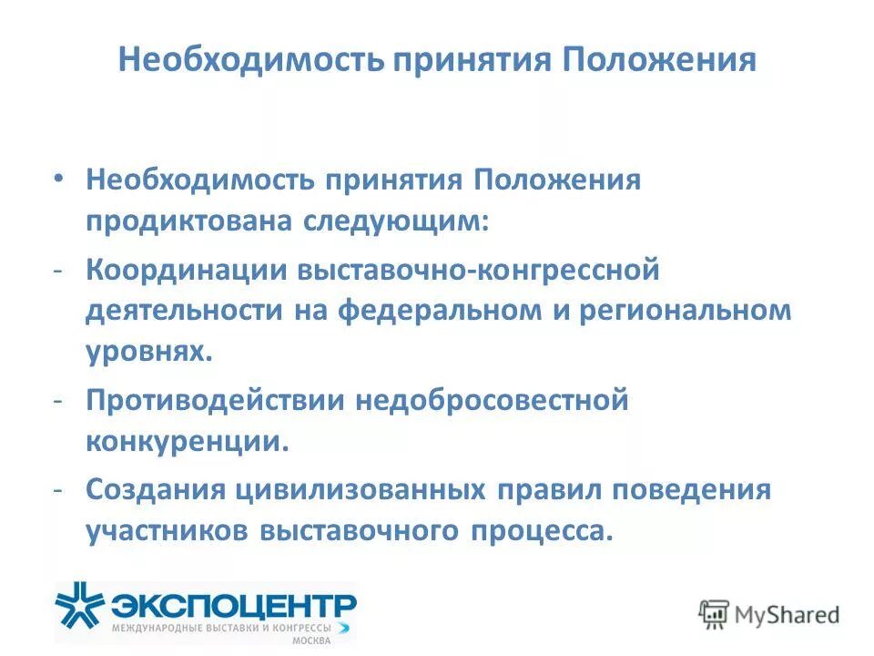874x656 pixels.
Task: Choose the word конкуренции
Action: (188, 441)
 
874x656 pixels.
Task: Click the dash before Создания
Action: (58, 489)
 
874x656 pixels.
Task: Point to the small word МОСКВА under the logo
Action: (311, 641)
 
